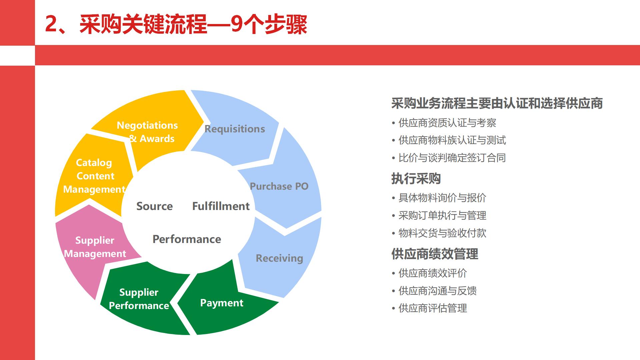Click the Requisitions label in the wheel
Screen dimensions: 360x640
coord(235,129)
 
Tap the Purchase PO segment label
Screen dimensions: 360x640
coord(279,186)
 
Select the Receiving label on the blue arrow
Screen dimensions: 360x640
coord(279,258)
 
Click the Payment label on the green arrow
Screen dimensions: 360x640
coord(222,303)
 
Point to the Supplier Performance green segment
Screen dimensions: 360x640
coord(139,299)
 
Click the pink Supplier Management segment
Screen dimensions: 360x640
coord(95,247)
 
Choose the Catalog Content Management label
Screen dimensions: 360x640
coord(95,176)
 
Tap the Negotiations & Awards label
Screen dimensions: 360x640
coord(147,132)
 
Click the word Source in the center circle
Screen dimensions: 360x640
coord(154,206)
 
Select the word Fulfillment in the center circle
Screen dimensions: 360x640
coord(221,206)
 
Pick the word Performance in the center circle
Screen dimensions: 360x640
coord(187,239)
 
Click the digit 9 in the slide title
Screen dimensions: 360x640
coord(236,24)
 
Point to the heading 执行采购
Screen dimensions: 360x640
coord(416,179)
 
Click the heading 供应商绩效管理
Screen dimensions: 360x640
coord(435,254)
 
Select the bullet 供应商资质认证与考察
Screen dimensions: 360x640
coord(447,123)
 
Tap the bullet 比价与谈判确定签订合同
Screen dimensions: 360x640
coord(452,158)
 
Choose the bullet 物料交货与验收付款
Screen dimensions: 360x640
coord(442,233)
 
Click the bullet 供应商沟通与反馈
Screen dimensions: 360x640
coord(437,291)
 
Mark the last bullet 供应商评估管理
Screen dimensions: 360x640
coord(433,308)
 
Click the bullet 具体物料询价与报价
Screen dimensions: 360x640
coord(442,198)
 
